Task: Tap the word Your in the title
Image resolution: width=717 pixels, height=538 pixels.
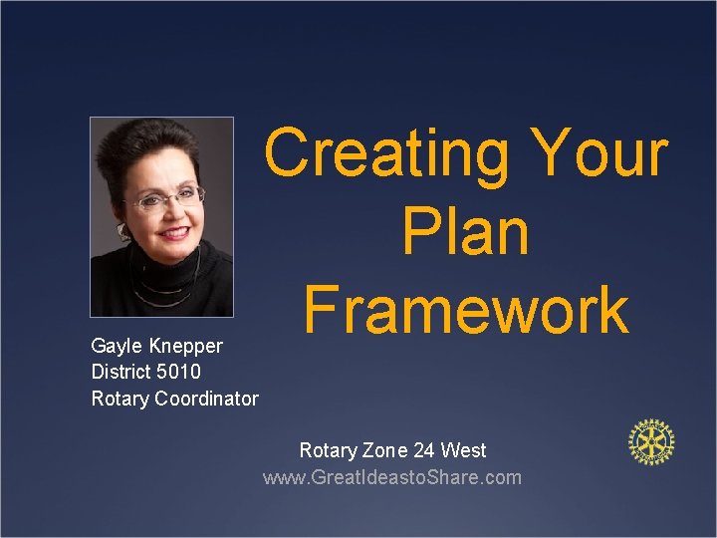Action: pos(600,154)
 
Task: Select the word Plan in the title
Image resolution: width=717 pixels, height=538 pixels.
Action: pos(465,232)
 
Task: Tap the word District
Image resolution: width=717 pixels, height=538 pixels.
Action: pos(119,372)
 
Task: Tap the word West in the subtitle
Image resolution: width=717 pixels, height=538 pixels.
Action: pos(463,450)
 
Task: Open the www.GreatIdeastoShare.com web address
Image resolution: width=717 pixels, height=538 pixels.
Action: pos(391,477)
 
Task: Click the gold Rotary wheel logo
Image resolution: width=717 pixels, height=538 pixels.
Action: pos(651,442)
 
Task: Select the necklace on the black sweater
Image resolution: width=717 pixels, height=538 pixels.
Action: pos(165,289)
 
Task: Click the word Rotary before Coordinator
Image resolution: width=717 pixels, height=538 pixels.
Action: pos(119,399)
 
